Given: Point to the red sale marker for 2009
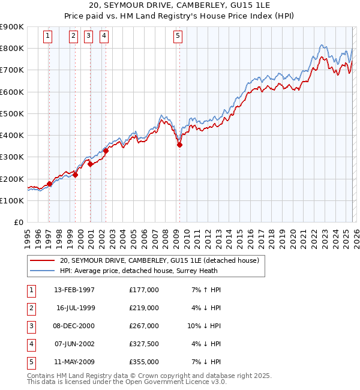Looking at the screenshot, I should [179, 145].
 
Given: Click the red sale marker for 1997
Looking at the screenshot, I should [49, 184].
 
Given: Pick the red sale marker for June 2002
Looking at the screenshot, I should [106, 151].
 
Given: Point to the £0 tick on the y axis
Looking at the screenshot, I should [18, 223].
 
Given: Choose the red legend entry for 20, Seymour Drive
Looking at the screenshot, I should [159, 260].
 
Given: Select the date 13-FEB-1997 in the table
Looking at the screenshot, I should [74, 290].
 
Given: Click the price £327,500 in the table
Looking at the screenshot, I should [144, 344].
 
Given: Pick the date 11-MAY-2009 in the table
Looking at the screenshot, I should [74, 362].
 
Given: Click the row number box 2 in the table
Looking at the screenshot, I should [31, 308].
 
